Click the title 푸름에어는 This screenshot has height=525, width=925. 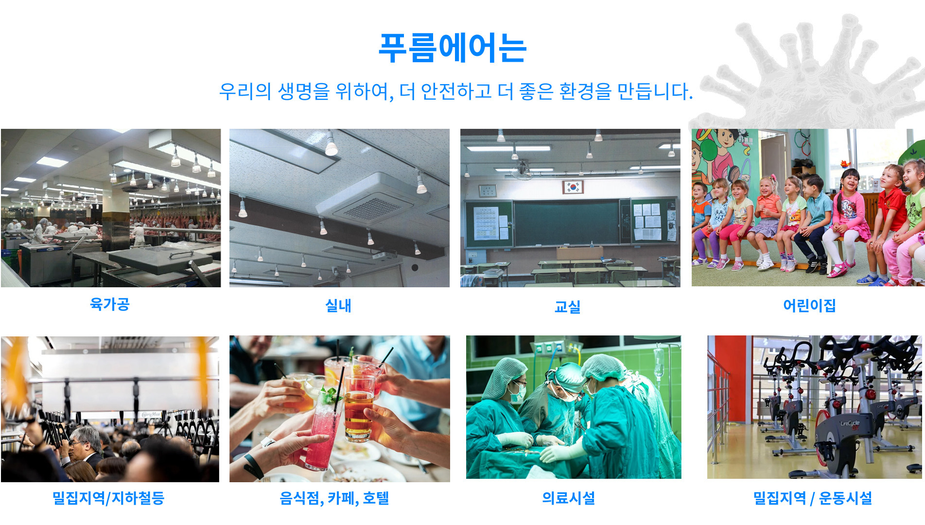[x=453, y=48]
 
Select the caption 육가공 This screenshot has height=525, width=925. [x=110, y=304]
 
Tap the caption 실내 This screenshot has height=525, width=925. [x=338, y=305]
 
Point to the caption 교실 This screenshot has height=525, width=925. [x=568, y=306]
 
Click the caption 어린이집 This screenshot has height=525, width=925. [x=809, y=305]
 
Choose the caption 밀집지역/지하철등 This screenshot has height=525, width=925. [x=108, y=498]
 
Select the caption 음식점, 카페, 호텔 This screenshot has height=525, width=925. [x=334, y=498]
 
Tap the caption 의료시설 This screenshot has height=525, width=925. [x=569, y=498]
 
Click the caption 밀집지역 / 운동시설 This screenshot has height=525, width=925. [x=813, y=498]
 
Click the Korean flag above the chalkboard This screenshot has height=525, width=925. [x=573, y=187]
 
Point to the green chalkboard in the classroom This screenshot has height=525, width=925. [x=566, y=223]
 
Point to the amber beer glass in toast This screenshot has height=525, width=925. [x=359, y=408]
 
